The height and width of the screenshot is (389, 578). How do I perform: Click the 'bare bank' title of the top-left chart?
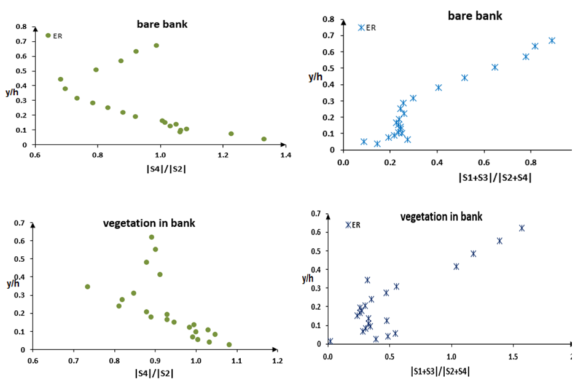coord(162,25)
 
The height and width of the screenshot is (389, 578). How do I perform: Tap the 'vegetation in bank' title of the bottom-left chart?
coord(149,223)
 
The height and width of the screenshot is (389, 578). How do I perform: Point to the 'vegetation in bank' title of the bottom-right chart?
coord(441,216)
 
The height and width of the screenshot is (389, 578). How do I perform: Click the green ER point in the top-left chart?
coord(48,35)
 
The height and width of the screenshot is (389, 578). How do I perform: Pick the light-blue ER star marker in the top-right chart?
coord(361,28)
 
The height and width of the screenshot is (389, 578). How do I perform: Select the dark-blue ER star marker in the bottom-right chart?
coord(348,225)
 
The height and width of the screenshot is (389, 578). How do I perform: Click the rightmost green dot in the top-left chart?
coord(264,139)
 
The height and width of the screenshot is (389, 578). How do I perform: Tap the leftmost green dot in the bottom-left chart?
coord(87,286)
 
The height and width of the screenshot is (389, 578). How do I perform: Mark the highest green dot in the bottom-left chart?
coord(152,237)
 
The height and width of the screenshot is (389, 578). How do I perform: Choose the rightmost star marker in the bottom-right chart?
coord(522,228)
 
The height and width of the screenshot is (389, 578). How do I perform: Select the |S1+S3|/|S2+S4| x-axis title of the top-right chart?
coord(494,178)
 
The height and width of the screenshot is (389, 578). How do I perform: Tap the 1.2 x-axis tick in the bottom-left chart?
coord(278,361)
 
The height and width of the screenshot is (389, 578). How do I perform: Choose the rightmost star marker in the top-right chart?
coord(552,41)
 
